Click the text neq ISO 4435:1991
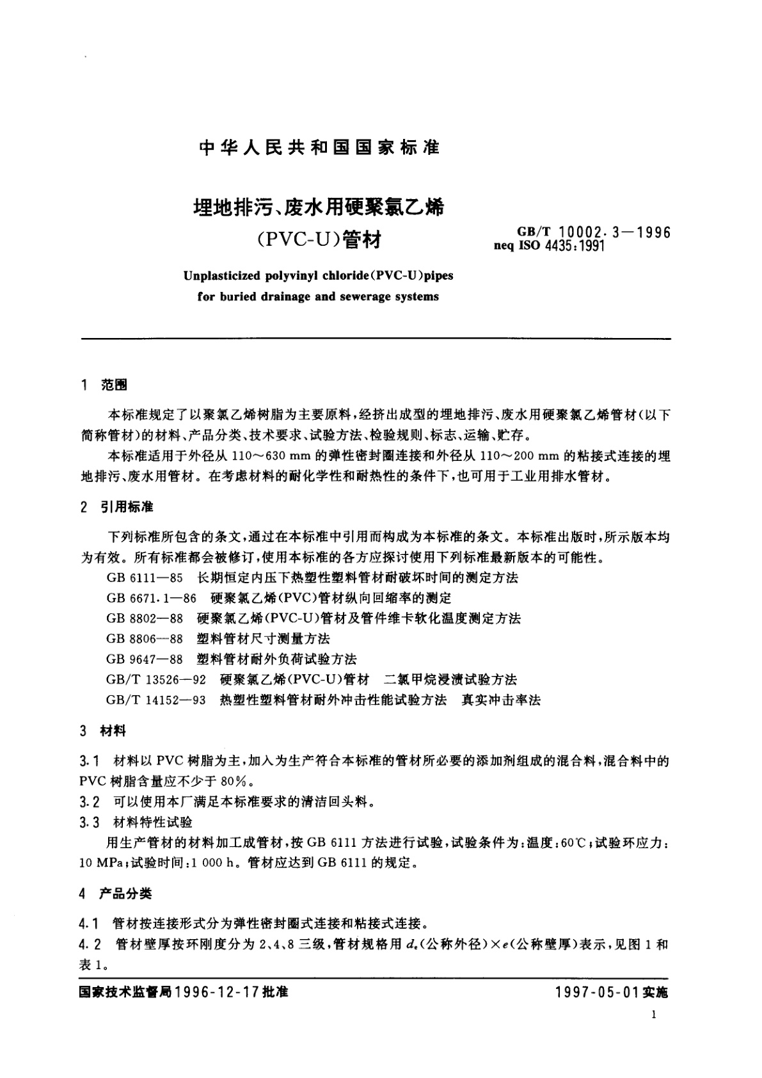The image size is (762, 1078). coord(549,245)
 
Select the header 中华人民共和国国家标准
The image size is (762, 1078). coord(320,147)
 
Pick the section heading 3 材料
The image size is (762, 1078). coord(104,730)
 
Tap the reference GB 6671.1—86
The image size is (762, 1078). coord(152,598)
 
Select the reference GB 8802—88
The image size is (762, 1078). coord(145,618)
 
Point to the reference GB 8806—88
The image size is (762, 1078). coord(145,639)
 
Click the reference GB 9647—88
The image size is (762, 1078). coord(145,659)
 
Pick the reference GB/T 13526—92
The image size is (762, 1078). coord(157,680)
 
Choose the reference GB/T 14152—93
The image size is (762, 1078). coord(157,700)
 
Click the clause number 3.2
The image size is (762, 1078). coord(89,802)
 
